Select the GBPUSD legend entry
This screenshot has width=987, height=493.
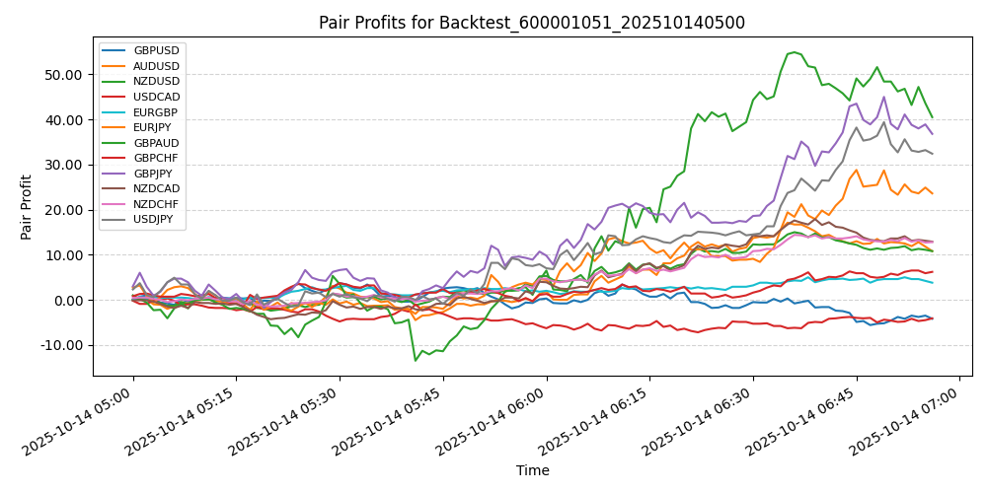(x=156, y=50)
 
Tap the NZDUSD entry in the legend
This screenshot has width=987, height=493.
(x=156, y=80)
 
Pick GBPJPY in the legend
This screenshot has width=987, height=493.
(x=155, y=174)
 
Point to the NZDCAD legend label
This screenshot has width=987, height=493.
(x=157, y=188)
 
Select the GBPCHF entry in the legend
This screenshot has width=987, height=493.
(x=156, y=159)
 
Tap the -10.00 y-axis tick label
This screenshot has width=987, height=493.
(x=62, y=346)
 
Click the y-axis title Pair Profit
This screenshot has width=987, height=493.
(x=27, y=207)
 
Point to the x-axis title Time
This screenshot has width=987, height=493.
(x=532, y=471)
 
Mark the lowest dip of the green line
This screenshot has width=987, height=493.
(x=416, y=361)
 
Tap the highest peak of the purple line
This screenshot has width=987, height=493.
(x=884, y=97)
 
